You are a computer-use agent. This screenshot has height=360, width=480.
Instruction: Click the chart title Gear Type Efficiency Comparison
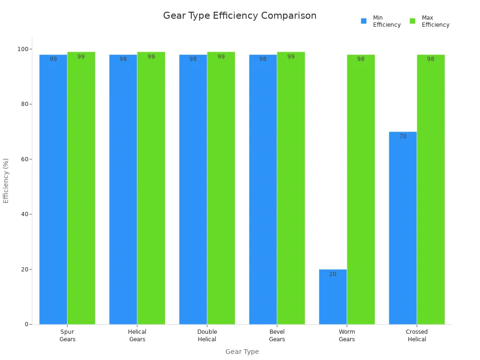click(x=240, y=15)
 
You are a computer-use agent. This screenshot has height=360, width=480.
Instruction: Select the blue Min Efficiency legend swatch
click(x=364, y=21)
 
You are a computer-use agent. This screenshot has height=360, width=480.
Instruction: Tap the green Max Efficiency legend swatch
click(x=412, y=21)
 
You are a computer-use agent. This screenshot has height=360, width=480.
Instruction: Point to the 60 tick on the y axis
click(x=23, y=159)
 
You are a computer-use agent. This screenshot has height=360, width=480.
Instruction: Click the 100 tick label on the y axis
click(x=22, y=49)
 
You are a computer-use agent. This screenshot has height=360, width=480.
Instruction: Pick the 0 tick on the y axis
click(x=26, y=324)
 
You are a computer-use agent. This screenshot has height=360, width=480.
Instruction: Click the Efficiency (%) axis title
click(x=6, y=180)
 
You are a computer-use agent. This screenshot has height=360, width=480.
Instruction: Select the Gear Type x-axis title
click(x=242, y=352)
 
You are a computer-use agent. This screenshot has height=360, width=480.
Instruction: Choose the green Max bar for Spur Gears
click(x=81, y=187)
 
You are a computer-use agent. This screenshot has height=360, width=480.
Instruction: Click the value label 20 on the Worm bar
click(x=333, y=274)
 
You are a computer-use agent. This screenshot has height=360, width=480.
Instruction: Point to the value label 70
click(x=403, y=136)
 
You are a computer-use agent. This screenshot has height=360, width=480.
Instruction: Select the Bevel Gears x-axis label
click(x=277, y=336)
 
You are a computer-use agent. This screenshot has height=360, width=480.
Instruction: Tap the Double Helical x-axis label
click(x=207, y=336)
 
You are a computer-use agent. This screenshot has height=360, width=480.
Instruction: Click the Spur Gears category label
click(x=67, y=336)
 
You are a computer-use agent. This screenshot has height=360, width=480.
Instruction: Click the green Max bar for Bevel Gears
click(x=291, y=187)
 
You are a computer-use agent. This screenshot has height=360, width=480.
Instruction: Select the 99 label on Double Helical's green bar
click(x=221, y=57)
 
